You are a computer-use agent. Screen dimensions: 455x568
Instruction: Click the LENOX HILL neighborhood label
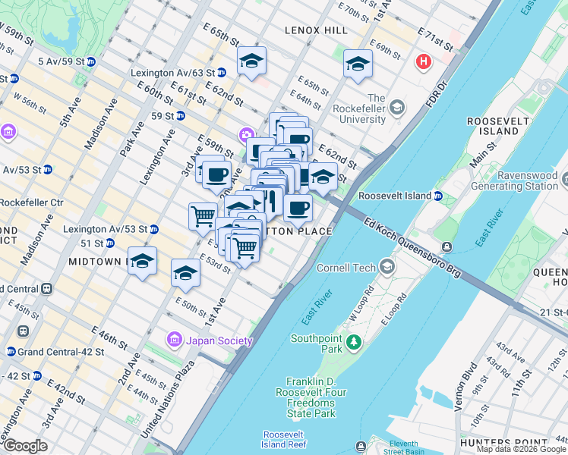click(x=316, y=30)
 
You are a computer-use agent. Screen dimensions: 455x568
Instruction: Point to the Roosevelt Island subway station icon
click(x=438, y=196)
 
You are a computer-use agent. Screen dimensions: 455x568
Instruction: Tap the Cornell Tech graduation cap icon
click(x=388, y=267)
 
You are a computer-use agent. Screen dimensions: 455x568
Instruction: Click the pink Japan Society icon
click(x=175, y=340)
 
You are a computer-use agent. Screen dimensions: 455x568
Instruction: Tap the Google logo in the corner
click(x=24, y=446)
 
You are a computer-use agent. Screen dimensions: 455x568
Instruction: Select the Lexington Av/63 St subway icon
click(x=221, y=73)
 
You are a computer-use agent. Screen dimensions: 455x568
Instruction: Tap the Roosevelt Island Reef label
click(x=284, y=440)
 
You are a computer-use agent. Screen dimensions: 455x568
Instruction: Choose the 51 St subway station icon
click(x=109, y=243)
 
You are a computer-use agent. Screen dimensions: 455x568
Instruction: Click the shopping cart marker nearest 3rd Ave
click(x=203, y=215)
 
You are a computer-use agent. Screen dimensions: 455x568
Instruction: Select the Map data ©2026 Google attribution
click(x=521, y=449)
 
